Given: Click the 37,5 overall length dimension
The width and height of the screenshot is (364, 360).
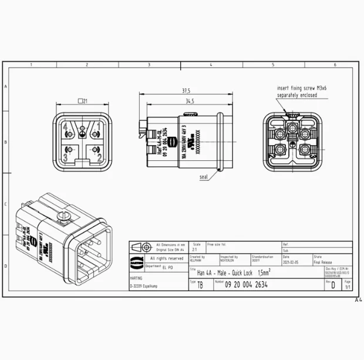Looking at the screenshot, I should point(186,91).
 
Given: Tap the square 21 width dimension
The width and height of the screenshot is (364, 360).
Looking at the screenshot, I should point(82,101).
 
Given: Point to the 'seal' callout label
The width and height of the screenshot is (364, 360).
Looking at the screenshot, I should point(203,176).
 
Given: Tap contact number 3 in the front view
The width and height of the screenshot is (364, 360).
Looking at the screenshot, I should point(66,157).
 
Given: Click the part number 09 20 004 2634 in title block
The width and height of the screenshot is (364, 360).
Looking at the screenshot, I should point(246,284).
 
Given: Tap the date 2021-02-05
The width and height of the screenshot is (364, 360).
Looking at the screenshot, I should point(291,263).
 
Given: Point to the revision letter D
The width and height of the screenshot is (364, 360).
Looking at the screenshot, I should point(333,285).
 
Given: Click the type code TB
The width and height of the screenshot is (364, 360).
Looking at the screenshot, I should point(200,285).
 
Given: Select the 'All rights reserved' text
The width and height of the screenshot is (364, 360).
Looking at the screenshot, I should point(166,258).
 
